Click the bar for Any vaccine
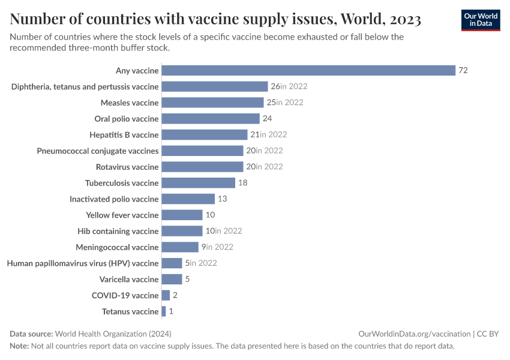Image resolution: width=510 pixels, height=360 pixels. pos(308,70)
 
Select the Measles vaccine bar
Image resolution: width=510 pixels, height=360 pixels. pos(212,103)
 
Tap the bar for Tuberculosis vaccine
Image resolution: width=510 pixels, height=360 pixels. pos(198,183)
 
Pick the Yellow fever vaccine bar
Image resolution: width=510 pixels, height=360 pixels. pos(182,215)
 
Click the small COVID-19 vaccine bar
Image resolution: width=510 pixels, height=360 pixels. pos(166,295)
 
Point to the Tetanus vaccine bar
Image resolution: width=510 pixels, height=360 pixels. pos(164,311)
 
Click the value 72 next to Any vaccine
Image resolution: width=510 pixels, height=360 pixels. pos(463,70)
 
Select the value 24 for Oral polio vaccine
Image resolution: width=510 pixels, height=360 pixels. pos(267,119)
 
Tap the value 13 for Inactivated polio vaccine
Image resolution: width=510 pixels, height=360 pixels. pos(222,199)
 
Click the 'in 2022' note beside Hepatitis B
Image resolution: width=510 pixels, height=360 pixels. pos(273,134)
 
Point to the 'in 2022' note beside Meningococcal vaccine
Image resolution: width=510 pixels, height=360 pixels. pos(219,247)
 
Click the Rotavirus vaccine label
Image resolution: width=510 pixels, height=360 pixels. pos(127,167)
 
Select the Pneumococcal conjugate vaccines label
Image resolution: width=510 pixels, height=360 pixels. pos(98,151)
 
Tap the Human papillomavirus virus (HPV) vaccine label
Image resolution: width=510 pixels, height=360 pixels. pos(83,263)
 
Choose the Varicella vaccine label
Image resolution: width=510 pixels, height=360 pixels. pos(129,279)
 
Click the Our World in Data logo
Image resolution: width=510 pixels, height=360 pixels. pos(480,19)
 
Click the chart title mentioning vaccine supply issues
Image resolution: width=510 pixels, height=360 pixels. pos(215,20)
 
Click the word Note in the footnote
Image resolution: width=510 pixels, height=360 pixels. pos(19,346)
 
